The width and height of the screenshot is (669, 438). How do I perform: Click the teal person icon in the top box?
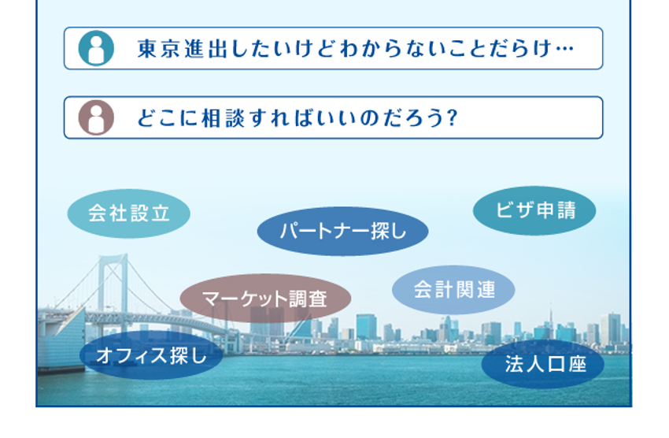click(x=96, y=48)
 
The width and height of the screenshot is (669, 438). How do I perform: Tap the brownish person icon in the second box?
click(x=96, y=117)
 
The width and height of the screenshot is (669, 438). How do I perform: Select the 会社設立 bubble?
click(x=129, y=213)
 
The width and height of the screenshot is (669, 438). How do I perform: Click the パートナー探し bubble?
click(x=342, y=232)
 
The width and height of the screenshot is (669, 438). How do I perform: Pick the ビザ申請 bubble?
click(x=534, y=210)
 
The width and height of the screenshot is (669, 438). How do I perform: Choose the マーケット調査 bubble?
click(x=265, y=299)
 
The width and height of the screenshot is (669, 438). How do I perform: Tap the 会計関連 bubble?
click(x=453, y=290)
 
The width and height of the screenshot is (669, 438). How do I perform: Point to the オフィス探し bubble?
click(x=151, y=355)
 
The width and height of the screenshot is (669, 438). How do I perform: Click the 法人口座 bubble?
click(x=543, y=364)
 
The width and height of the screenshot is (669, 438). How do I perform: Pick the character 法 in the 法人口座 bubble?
click(x=515, y=364)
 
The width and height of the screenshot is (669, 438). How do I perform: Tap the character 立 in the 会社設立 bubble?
click(x=161, y=213)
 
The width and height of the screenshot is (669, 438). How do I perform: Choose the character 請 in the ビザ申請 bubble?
click(x=567, y=210)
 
